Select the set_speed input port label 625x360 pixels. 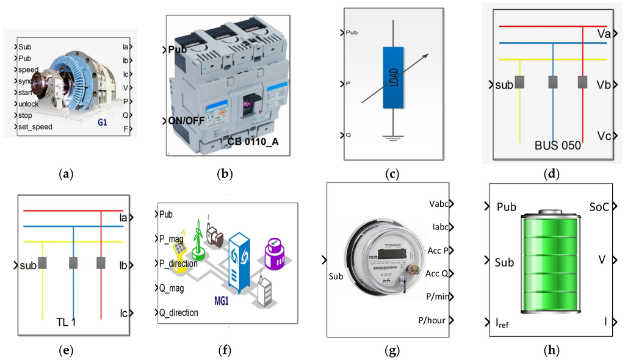(35, 127)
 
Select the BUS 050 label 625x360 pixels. (557, 146)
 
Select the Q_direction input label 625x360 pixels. (178, 313)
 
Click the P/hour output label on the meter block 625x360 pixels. (432, 320)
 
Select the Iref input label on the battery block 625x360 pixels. (502, 323)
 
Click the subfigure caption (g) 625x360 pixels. (392, 350)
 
